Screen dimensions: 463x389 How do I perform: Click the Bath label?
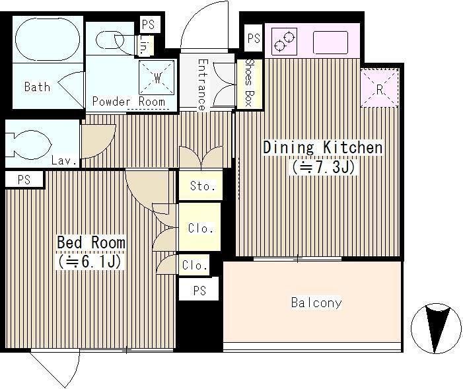37,87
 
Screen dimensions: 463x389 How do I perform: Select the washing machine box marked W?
157,78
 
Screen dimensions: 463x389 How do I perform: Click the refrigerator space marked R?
379,88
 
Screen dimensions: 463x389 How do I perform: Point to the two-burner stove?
284,41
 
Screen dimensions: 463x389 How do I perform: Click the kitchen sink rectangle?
330,42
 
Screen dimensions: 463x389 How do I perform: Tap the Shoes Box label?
250,83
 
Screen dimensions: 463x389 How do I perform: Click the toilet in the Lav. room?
29,145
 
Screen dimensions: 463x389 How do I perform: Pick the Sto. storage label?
203,186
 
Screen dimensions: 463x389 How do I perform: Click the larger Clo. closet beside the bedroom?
200,227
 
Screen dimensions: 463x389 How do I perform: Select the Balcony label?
316,302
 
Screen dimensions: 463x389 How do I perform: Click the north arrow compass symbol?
436,328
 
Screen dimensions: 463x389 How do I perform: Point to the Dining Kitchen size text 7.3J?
324,167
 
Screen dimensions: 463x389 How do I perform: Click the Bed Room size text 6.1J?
89,261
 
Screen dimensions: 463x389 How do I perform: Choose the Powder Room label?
128,101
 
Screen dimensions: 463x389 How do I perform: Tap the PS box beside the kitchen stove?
254,38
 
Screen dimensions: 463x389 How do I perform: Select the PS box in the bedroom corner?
24,179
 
